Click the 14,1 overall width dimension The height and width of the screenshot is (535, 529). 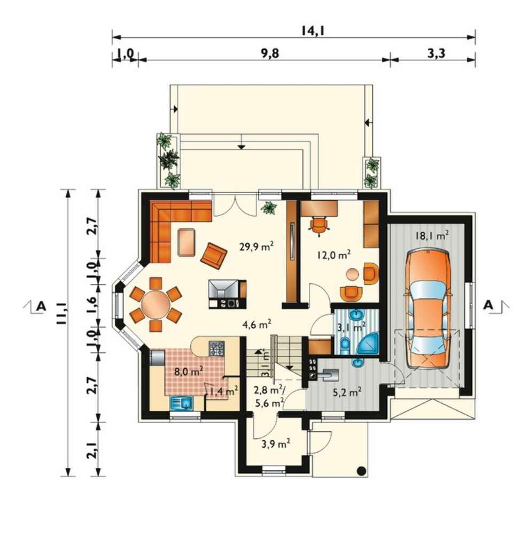coord(312,30)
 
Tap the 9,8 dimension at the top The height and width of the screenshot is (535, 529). coord(270,53)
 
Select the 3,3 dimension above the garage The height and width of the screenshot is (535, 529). coord(436,53)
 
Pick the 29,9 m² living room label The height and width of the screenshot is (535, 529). coord(256,246)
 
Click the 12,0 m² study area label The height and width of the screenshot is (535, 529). coord(334,255)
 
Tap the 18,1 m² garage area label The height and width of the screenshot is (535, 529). coord(432,235)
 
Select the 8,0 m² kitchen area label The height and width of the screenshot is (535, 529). coord(189,371)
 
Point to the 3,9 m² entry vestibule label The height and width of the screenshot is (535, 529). coord(276,444)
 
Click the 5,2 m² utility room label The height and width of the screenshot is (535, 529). coord(347,392)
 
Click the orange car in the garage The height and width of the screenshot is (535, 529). coord(428,309)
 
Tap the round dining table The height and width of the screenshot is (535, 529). coord(155,304)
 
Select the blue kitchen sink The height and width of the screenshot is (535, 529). coord(181,403)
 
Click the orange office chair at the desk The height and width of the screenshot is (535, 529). coord(319,226)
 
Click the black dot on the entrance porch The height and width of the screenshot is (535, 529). coord(361,471)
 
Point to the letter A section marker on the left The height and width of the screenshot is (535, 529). coord(41,305)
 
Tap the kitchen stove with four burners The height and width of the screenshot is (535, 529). coord(216,348)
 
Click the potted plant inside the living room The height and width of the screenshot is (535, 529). coord(269,208)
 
